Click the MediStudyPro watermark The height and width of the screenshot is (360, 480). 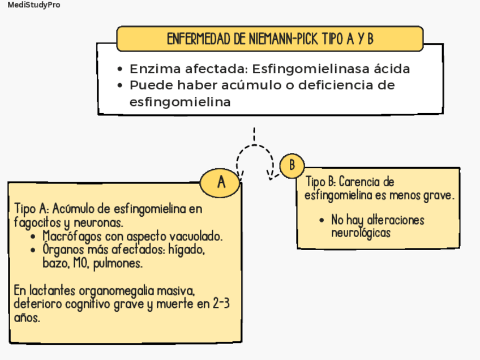pyautogui.click(x=34, y=5)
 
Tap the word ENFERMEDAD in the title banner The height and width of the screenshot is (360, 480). pyautogui.click(x=199, y=39)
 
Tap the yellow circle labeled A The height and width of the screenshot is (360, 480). pyautogui.click(x=221, y=183)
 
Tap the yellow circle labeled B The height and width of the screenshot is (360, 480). pyautogui.click(x=292, y=165)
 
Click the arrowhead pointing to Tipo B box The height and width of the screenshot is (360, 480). pyautogui.click(x=272, y=177)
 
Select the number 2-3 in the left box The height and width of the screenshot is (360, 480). pyautogui.click(x=221, y=305)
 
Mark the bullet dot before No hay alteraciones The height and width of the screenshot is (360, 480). pyautogui.click(x=322, y=220)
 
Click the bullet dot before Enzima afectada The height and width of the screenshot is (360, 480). pyautogui.click(x=120, y=70)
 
